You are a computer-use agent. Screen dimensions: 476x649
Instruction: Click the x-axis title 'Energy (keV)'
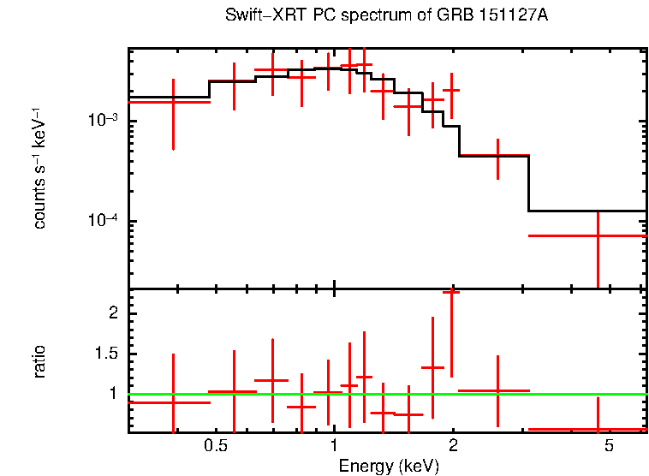[x=389, y=467]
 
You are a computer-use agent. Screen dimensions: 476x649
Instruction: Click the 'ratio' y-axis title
[x=39, y=361]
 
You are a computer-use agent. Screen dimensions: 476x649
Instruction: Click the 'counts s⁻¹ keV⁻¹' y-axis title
[x=39, y=168]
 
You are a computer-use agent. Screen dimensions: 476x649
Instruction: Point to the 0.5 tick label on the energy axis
[x=216, y=446]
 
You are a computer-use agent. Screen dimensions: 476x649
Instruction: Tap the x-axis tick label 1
[x=334, y=446]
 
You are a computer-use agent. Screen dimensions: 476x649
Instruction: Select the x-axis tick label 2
[x=453, y=446]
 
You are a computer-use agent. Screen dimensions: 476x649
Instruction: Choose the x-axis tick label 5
[x=609, y=446]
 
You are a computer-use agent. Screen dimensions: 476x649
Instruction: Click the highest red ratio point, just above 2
[x=451, y=292]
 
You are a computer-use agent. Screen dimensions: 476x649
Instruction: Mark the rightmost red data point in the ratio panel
[x=598, y=429]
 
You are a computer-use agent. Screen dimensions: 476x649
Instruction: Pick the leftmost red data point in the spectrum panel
[x=174, y=102]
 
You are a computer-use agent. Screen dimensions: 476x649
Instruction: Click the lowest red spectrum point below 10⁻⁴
[x=598, y=235]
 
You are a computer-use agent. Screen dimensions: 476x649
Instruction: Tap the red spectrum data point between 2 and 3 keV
[x=497, y=156]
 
